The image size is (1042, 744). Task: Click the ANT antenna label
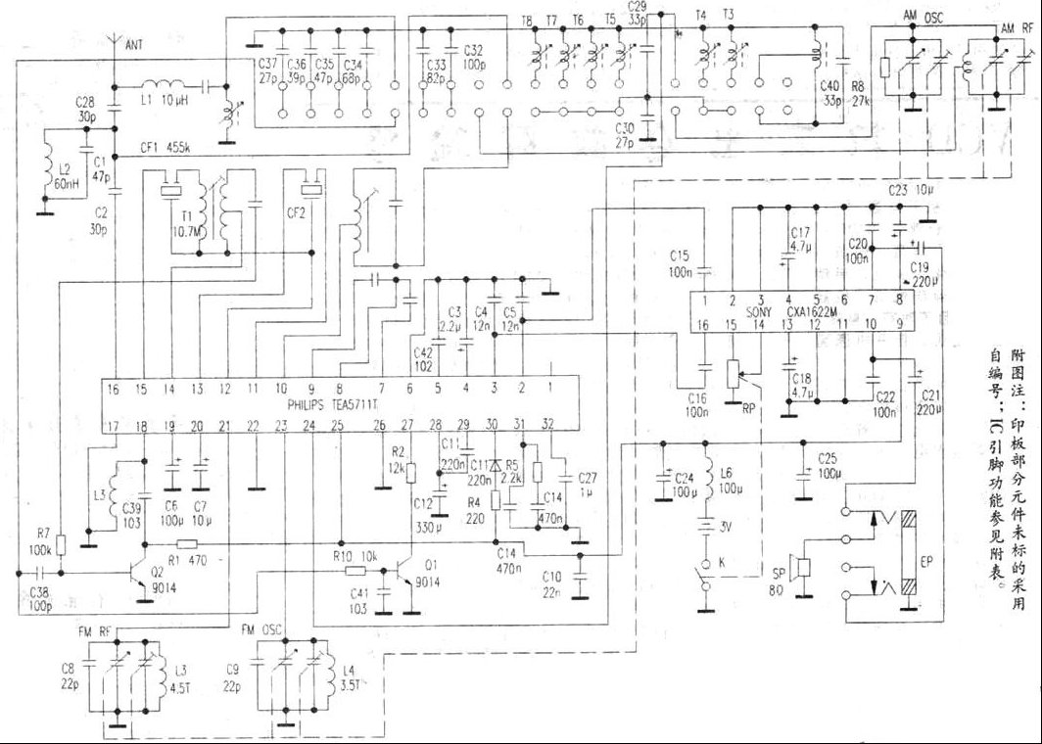tap(131, 43)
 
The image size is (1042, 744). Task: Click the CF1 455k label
tap(164, 149)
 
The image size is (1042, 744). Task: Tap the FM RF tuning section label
tap(99, 630)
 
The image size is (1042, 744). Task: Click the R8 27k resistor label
tap(858, 91)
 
